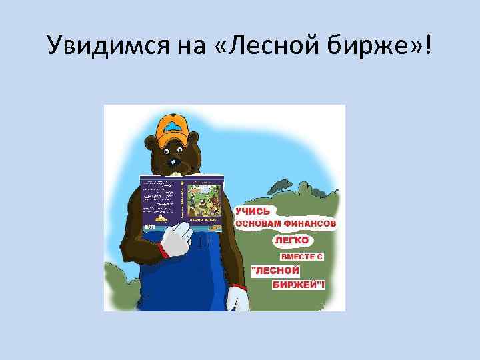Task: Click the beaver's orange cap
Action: [x=177, y=131]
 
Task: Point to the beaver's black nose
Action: [x=175, y=162]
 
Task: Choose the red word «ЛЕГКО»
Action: [x=291, y=240]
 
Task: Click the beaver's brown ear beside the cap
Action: [x=151, y=140]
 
